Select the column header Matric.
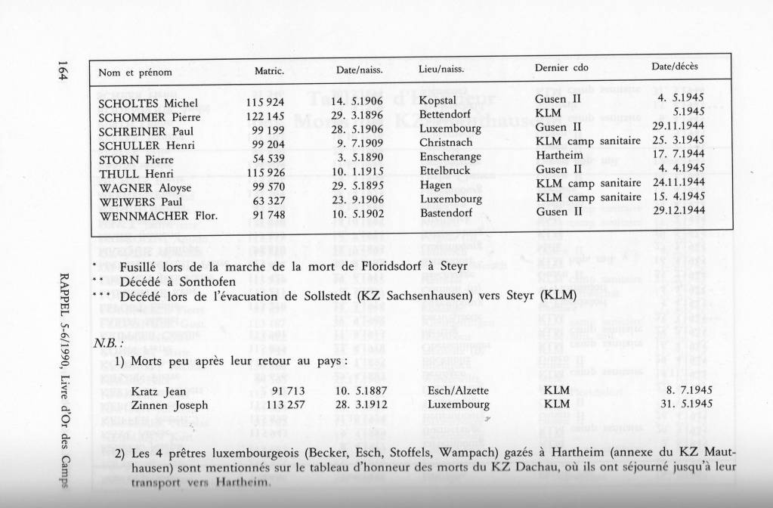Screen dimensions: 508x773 coord(269,71)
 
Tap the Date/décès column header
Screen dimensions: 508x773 coord(675,67)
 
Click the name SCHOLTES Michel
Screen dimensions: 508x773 coord(148,102)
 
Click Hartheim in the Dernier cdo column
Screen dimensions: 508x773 coord(558,156)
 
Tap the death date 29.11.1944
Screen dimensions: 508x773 coord(679,126)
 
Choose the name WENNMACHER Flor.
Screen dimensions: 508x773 coord(158,215)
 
